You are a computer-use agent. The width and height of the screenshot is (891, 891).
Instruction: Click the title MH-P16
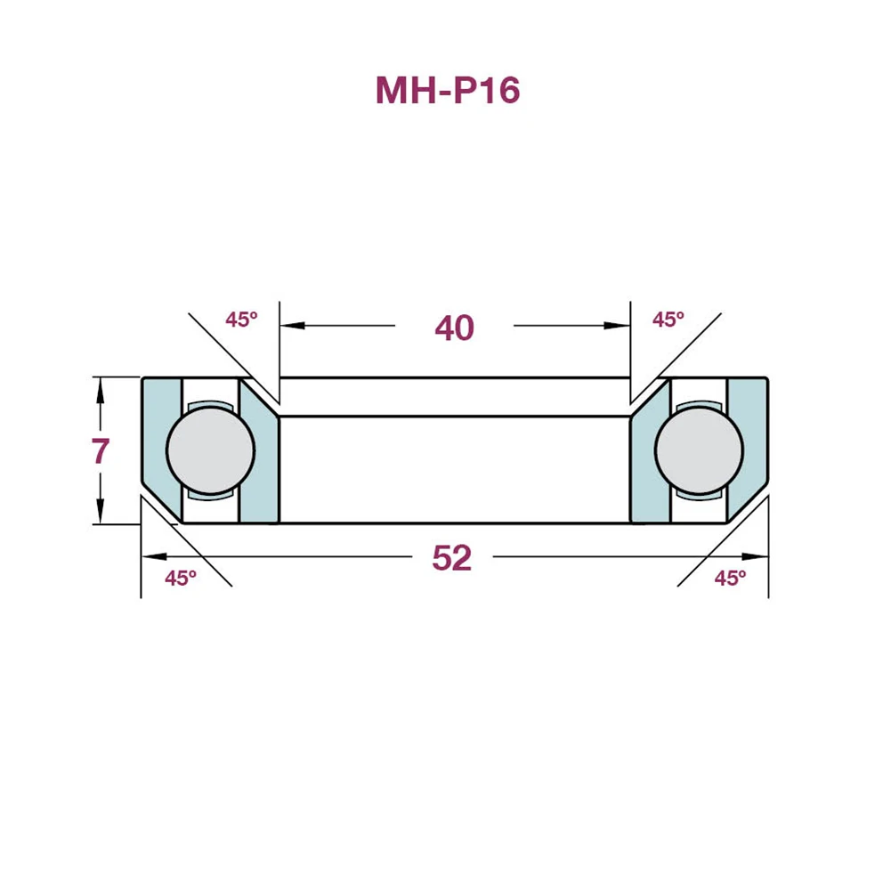tap(447, 91)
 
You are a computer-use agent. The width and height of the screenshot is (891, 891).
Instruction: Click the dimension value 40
tap(454, 328)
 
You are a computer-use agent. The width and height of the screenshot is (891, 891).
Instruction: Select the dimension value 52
tap(451, 558)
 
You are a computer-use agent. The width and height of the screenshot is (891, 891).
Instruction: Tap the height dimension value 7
tap(101, 451)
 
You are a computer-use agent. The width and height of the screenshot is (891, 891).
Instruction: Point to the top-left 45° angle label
tap(240, 320)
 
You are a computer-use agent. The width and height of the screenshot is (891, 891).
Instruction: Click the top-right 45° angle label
tap(668, 320)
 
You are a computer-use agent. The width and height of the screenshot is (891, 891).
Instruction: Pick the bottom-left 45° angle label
tap(181, 578)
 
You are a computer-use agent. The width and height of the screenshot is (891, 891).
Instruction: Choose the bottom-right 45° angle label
tap(730, 578)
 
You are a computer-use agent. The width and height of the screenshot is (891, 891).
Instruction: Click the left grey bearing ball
tap(211, 450)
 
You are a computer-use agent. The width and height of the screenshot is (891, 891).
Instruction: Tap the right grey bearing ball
tap(699, 450)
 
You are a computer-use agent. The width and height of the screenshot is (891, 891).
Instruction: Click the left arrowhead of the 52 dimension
tap(152, 556)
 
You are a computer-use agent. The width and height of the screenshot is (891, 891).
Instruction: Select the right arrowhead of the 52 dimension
tap(757, 556)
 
